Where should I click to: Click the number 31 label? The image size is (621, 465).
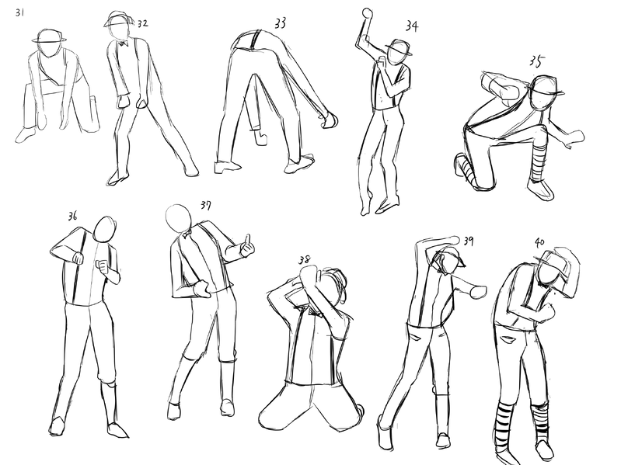coord(19,12)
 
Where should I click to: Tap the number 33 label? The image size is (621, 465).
coord(280,23)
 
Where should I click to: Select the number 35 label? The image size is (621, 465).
coord(536,61)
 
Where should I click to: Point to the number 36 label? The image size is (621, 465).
coord(72,217)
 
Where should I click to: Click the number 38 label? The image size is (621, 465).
coord(305,260)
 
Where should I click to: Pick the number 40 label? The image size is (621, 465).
coord(539,241)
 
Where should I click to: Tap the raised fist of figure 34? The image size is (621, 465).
coord(368,13)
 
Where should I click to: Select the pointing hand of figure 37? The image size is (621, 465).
coord(246,247)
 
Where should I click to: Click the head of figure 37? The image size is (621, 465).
coord(178,218)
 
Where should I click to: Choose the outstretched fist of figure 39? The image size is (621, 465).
coord(477,291)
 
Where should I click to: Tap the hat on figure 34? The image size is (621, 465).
coord(399,47)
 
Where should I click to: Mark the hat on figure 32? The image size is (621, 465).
coord(117,19)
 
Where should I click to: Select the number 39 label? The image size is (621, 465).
coord(469,241)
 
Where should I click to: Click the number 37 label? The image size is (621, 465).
coord(206,206)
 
